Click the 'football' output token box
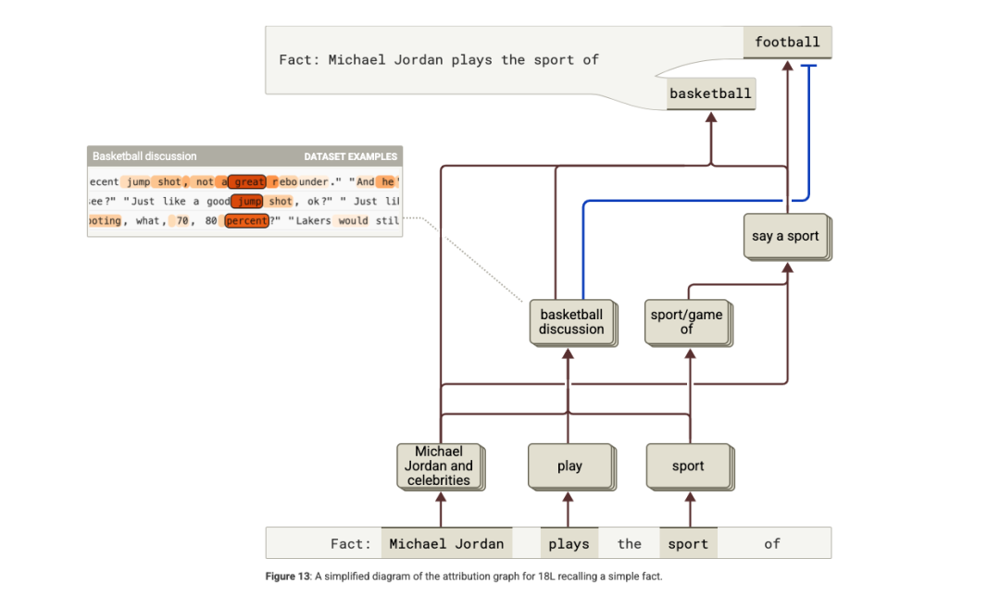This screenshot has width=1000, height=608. click(787, 43)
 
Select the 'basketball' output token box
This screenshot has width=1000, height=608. click(710, 94)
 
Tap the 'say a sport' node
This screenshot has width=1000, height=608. click(785, 237)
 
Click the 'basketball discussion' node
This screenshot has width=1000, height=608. click(571, 322)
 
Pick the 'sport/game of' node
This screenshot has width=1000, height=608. click(686, 322)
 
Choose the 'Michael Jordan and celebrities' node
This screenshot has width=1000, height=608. click(438, 465)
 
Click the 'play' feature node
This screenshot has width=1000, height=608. click(569, 466)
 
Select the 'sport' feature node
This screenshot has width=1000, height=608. click(688, 466)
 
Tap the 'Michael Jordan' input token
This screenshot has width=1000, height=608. click(446, 544)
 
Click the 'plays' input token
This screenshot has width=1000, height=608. click(569, 544)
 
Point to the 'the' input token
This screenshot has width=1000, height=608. click(630, 544)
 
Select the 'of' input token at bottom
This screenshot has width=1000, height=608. click(772, 544)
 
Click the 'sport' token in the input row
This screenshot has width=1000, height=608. click(688, 544)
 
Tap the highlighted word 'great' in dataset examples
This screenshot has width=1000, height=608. click(249, 182)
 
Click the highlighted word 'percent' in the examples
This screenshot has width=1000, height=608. click(246, 221)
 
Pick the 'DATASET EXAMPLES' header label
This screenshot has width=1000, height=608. click(350, 156)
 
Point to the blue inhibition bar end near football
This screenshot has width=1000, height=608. click(809, 67)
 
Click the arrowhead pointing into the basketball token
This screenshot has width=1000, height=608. click(711, 118)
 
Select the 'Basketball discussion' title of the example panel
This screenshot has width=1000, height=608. click(144, 156)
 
